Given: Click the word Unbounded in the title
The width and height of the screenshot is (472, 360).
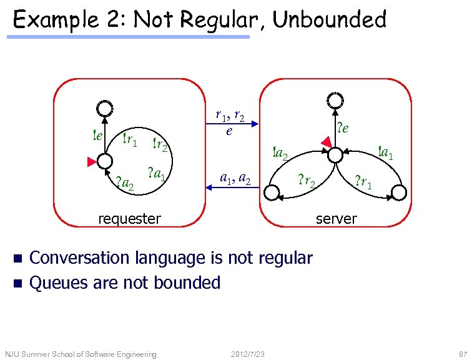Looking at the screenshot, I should point(330,20).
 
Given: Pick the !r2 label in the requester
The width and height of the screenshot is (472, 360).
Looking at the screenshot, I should point(160,146).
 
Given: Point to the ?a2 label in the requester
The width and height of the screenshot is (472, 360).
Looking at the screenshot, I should point(125,184).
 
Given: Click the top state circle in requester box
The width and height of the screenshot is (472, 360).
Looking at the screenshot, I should point(105,109).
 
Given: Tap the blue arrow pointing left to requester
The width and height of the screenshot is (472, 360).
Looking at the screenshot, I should point(232,191).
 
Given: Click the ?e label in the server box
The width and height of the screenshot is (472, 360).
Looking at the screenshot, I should point(342,128).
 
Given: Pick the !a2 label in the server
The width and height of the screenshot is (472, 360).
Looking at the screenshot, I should point(279,152).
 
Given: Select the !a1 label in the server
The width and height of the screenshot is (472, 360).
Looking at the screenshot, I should point(385,152).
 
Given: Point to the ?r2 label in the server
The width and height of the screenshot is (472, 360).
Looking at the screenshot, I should point(306,182).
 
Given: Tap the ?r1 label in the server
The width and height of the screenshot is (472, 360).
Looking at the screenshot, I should point(363,182).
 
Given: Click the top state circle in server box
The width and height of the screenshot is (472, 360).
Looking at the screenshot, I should point(335,101).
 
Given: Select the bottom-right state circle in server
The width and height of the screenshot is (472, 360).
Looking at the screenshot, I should point(398,195).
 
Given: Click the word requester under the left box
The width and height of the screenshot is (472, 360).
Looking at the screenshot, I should point(129,219).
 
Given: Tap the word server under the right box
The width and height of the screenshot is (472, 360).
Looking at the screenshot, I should point(336,219).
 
